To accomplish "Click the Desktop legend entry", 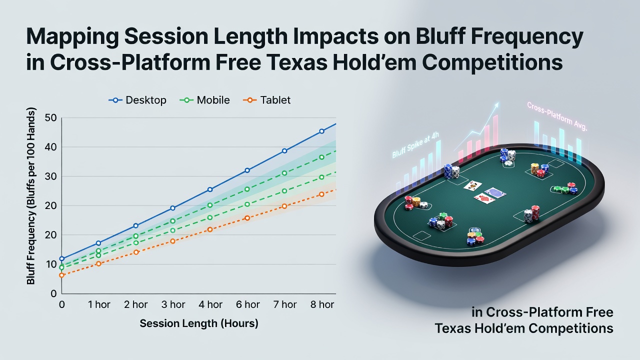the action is tap(137, 100).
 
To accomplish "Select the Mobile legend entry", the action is tap(204, 100).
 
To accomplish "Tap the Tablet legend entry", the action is tap(266, 100).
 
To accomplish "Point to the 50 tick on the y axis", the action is tap(51, 117).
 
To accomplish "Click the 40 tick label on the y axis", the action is tap(51, 147).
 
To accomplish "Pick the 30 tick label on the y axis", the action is tap(51, 176).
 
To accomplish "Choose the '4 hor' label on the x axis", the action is tap(210, 304).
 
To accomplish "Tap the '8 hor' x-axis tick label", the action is tap(322, 304).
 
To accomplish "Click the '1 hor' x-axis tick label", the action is tap(99, 304).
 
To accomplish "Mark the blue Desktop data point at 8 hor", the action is tap(321, 131).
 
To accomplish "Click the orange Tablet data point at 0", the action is tap(61, 275).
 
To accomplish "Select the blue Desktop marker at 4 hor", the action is tap(210, 189).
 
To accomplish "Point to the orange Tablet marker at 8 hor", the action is tap(321, 194).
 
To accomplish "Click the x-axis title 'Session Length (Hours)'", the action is tap(199, 323).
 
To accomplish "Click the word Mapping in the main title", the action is tap(72, 36).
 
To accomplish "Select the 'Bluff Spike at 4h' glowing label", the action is tap(415, 145).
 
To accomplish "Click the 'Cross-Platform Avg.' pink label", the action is tap(557, 116).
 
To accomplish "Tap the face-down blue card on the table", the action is tap(495, 192).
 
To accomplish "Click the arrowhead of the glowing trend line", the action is tap(496, 105).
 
